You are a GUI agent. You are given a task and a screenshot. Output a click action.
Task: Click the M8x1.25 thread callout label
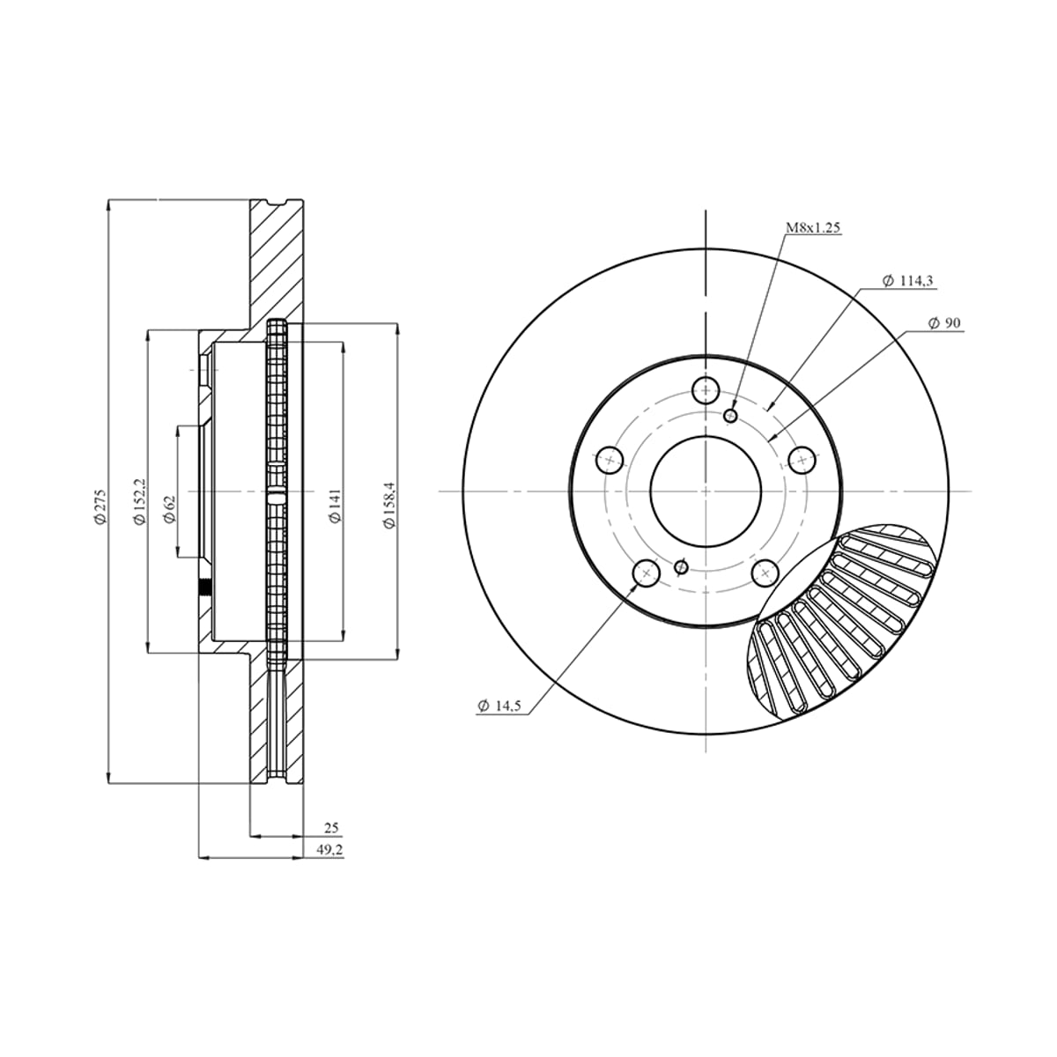tap(813, 227)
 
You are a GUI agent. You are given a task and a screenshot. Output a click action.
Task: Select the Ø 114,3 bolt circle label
tap(907, 281)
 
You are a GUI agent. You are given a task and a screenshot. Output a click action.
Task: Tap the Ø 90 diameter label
tap(944, 323)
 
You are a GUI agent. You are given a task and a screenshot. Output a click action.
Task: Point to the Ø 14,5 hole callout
tap(499, 706)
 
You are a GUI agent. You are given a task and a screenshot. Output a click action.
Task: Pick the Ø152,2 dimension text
tap(140, 501)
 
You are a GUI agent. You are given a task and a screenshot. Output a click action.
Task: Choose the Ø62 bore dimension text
tap(170, 510)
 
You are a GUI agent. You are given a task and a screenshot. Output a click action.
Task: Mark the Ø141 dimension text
tap(335, 506)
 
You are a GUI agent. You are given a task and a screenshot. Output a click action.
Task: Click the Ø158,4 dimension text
tap(389, 505)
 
